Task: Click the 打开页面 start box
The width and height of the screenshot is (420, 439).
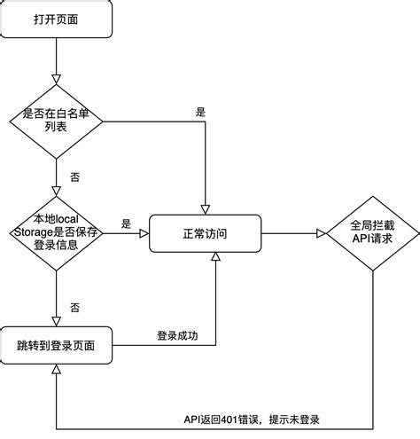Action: (57, 20)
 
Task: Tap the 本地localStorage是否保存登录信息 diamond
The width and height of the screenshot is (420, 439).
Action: (57, 232)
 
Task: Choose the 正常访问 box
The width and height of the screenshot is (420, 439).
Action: (205, 233)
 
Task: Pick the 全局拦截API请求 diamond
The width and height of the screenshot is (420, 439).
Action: (371, 233)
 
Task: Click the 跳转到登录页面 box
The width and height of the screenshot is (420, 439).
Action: (57, 344)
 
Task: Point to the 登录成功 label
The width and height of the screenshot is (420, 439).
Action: (180, 335)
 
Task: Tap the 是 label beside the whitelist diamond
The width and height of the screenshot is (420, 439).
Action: (199, 112)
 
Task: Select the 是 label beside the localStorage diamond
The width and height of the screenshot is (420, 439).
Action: (126, 224)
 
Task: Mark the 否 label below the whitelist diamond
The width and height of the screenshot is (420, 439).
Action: (74, 176)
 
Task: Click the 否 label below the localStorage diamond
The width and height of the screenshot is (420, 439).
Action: (74, 307)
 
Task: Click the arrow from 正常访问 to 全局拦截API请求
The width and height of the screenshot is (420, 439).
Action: (293, 233)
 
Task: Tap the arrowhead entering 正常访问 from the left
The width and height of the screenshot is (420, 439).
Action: (143, 233)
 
